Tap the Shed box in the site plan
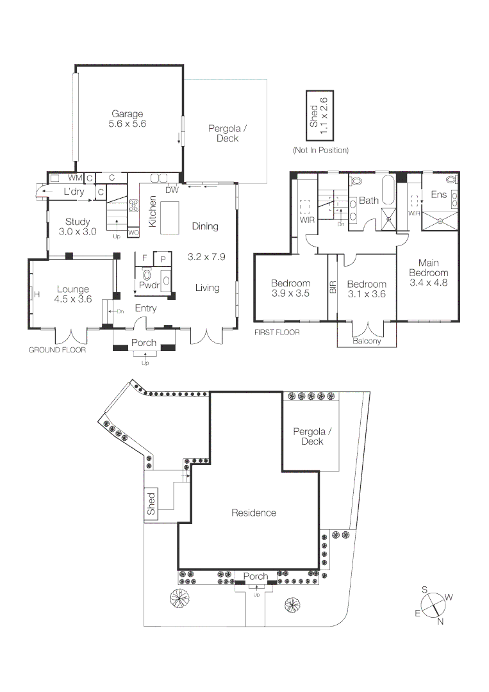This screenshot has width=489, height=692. (151, 504)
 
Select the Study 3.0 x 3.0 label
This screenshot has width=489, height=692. (78, 227)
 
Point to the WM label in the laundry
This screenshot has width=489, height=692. (75, 177)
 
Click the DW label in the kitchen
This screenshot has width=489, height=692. (172, 190)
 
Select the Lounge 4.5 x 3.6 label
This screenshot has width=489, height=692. (73, 294)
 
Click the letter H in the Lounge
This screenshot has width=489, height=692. (37, 295)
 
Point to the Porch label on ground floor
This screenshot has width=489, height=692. (144, 343)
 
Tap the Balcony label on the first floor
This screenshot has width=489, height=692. (367, 342)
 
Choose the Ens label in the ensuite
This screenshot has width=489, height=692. (438, 194)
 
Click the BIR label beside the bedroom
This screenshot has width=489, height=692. (333, 286)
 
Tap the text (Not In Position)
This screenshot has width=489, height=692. (320, 150)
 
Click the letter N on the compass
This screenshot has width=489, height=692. (440, 621)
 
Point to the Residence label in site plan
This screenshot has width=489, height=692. (254, 513)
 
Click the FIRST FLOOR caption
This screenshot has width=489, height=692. (277, 333)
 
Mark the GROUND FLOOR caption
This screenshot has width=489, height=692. (57, 350)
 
